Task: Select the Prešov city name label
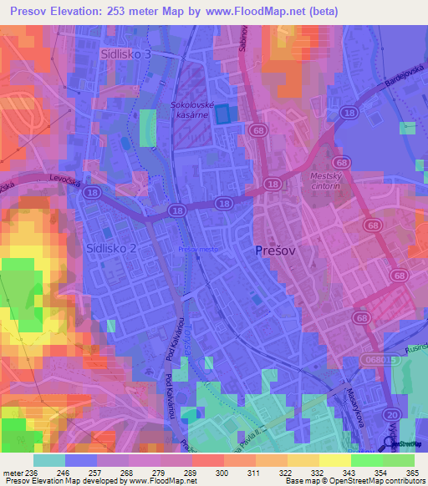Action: point(274,250)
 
